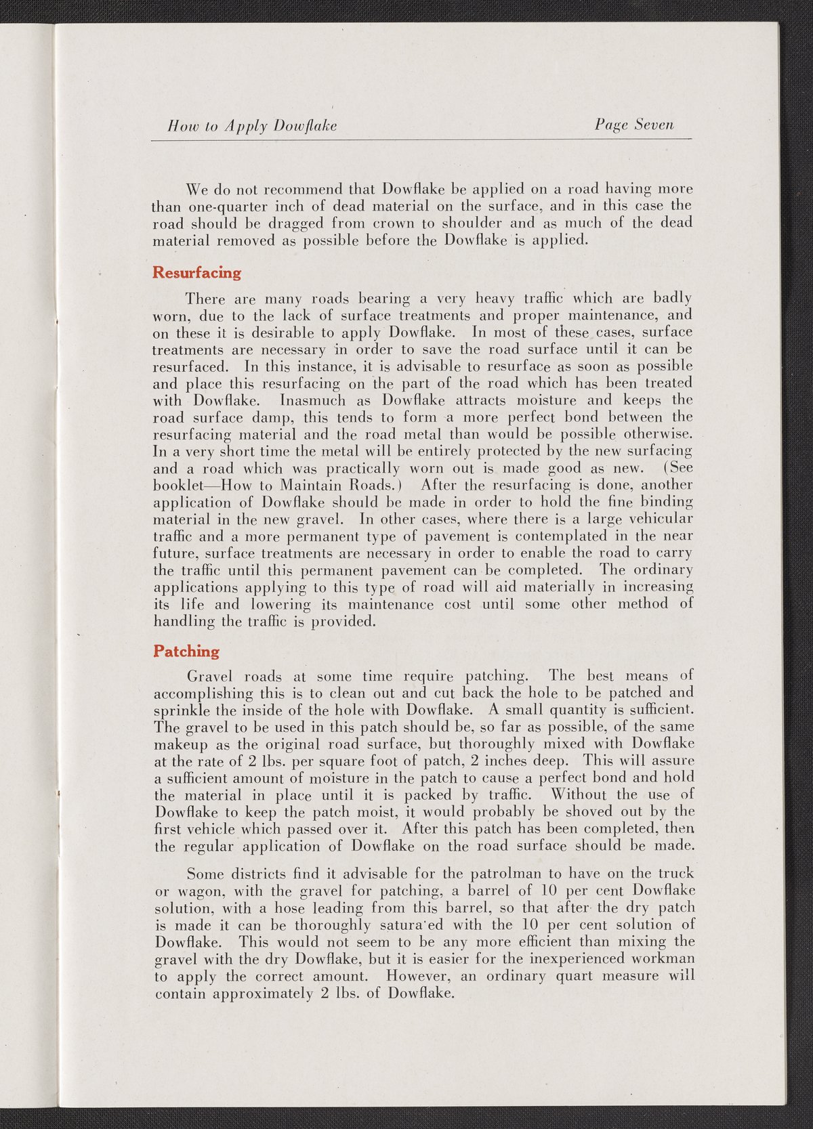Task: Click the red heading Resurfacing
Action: click(196, 272)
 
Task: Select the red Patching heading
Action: click(186, 651)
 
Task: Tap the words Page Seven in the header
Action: click(634, 125)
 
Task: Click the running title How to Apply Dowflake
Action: click(252, 125)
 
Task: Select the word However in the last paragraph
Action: click(417, 976)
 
